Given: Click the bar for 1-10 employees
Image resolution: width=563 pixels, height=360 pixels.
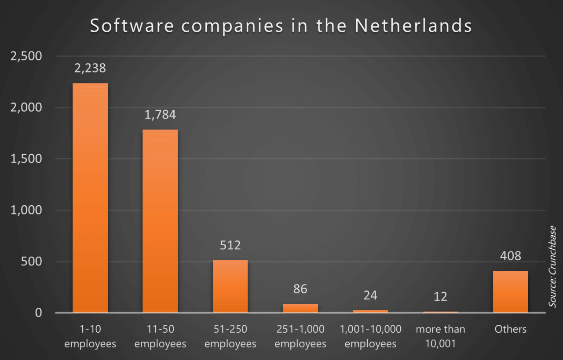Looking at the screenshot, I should click(x=90, y=198).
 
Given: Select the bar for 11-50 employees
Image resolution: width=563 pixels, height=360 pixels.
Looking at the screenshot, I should click(x=160, y=221).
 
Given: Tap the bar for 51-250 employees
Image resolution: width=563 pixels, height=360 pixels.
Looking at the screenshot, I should click(x=230, y=286).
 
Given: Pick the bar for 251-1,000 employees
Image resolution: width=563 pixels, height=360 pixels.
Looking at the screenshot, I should click(x=300, y=308).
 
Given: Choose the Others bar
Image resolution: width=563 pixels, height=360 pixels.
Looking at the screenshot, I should click(x=510, y=291).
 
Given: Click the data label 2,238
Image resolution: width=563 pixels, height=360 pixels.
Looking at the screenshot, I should click(x=90, y=68).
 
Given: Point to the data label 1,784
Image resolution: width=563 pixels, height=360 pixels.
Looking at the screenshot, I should click(x=160, y=115).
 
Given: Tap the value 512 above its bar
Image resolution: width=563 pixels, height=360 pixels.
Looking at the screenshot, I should click(x=230, y=245).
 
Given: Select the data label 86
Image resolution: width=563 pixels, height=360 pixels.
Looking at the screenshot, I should click(x=300, y=289).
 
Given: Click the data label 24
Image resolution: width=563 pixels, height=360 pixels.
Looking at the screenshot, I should click(x=370, y=295).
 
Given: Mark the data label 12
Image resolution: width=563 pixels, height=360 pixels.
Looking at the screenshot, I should click(x=440, y=296).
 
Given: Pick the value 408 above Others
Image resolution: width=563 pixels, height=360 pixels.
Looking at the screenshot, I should click(x=510, y=255).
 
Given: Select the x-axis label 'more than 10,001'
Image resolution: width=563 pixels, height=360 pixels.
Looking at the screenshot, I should click(x=440, y=336).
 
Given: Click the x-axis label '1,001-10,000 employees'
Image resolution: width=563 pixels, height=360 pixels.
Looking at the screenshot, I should click(x=370, y=336).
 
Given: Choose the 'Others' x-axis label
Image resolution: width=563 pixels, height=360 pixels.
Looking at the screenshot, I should click(x=510, y=329).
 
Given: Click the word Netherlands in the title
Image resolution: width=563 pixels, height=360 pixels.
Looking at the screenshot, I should click(x=413, y=26).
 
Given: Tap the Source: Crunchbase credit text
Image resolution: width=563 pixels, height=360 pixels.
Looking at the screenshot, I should click(x=552, y=266).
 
